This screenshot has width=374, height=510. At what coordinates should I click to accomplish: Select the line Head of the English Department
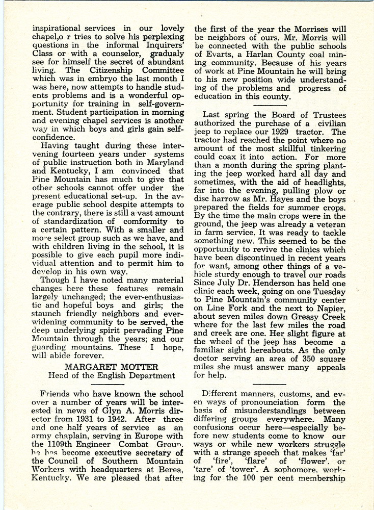click(112, 376)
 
